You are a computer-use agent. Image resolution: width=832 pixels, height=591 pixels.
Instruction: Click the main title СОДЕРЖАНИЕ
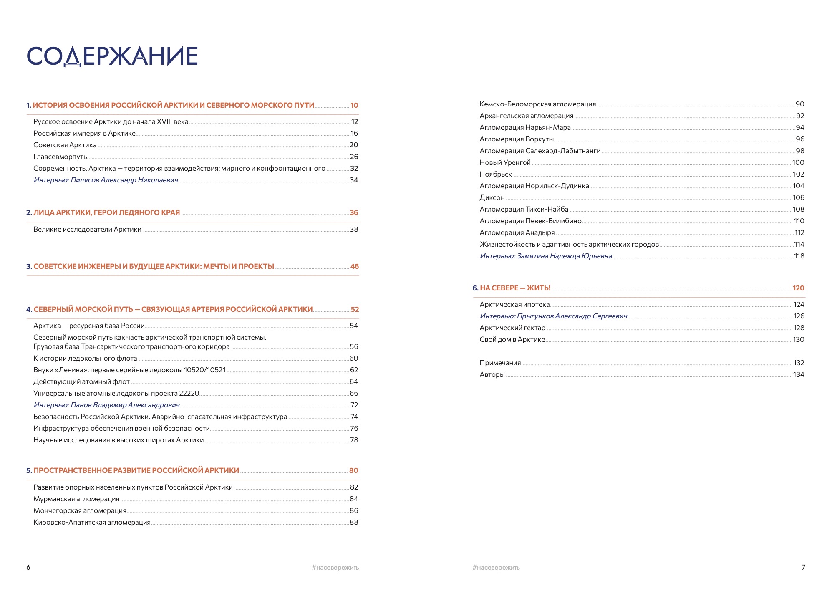click(x=112, y=56)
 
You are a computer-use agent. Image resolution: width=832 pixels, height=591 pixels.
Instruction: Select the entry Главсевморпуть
click(x=60, y=157)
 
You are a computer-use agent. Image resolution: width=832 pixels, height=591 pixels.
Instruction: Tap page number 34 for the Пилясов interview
click(x=354, y=180)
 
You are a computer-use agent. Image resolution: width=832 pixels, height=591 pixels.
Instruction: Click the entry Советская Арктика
click(x=65, y=145)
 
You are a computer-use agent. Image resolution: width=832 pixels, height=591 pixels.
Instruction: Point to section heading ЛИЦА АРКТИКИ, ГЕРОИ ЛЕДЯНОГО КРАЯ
click(x=106, y=212)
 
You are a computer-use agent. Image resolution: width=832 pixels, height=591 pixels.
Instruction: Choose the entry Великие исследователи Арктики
click(x=87, y=230)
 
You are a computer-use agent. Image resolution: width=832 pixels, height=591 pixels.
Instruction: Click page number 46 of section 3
click(x=354, y=267)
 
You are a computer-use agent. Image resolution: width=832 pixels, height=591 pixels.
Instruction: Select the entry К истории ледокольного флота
click(x=85, y=359)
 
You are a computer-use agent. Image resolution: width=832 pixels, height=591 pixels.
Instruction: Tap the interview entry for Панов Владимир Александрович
click(x=106, y=405)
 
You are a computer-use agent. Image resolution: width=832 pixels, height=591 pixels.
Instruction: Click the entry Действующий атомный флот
click(x=81, y=382)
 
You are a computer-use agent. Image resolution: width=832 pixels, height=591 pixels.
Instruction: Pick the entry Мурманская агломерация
click(x=76, y=499)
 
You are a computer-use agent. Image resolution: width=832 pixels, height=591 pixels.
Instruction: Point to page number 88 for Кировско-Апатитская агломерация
click(x=354, y=523)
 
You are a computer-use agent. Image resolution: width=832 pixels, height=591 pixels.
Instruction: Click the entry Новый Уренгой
click(x=505, y=163)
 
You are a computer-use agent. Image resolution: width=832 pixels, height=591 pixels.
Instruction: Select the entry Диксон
click(x=492, y=198)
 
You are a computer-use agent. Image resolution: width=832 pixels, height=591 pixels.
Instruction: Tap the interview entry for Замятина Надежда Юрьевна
click(x=546, y=256)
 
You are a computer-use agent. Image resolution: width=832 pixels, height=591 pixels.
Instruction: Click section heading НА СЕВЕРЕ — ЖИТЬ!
click(x=515, y=288)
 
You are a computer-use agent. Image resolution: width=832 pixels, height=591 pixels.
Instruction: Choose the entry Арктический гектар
click(x=512, y=328)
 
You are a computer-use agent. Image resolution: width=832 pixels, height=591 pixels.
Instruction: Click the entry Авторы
click(x=492, y=375)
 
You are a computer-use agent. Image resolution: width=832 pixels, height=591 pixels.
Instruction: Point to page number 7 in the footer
click(x=803, y=567)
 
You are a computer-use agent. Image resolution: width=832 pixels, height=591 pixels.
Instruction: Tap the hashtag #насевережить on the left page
click(x=335, y=568)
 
